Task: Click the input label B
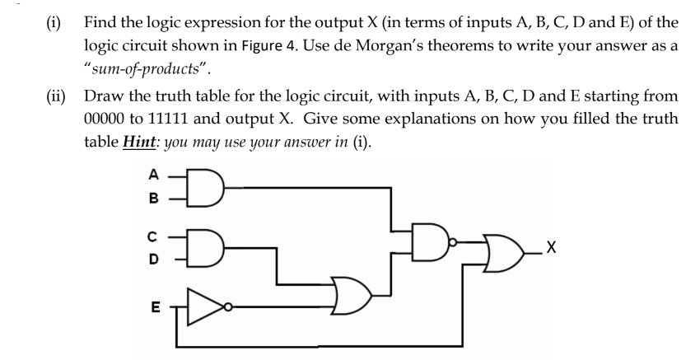point(152,199)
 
